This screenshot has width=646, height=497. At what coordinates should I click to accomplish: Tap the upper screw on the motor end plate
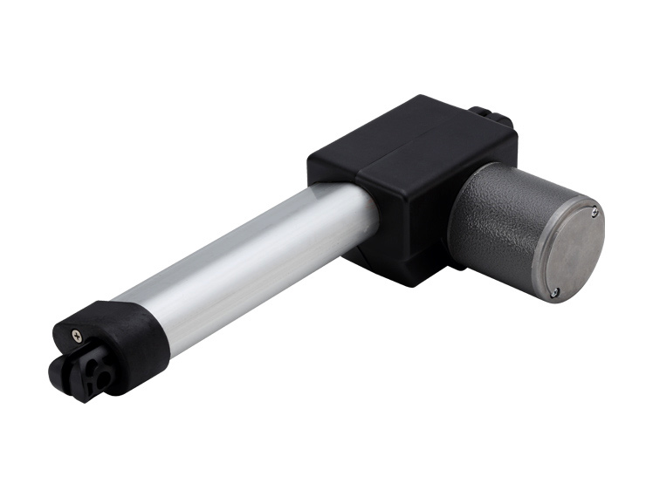594,210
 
